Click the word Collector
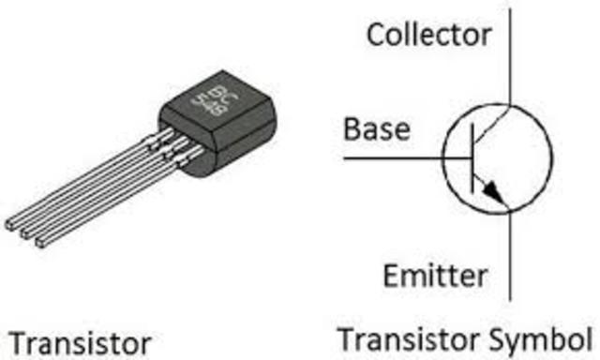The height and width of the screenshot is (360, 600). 428,35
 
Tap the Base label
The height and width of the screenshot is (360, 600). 377,128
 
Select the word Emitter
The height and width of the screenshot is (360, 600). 435,276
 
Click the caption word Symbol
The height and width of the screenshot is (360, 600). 546,337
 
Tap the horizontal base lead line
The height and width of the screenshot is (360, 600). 403,158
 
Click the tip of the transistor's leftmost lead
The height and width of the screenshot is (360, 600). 9,225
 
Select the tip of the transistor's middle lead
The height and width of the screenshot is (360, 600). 25,233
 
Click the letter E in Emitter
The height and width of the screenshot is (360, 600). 390,276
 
